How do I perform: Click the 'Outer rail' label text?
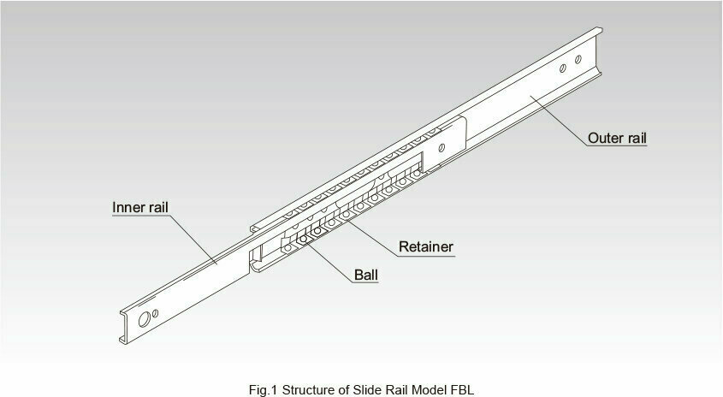pos(617,139)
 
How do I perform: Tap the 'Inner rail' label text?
pos(140,208)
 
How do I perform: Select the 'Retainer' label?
pos(426,246)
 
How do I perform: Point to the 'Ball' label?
pos(366,276)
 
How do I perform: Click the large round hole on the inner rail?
pos(145,319)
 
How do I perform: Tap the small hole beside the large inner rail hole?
pos(156,313)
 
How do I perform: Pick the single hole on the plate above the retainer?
pos(442,148)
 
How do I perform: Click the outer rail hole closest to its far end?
pos(578,60)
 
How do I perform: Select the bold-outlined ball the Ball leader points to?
pos(303,239)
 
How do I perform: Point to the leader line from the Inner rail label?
pos(193,239)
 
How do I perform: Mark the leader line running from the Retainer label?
pos(372,238)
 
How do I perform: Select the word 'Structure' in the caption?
pos(309,390)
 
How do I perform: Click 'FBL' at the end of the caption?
pos(463,390)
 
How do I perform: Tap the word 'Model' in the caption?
pos(430,390)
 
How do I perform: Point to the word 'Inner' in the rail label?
pos(127,208)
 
